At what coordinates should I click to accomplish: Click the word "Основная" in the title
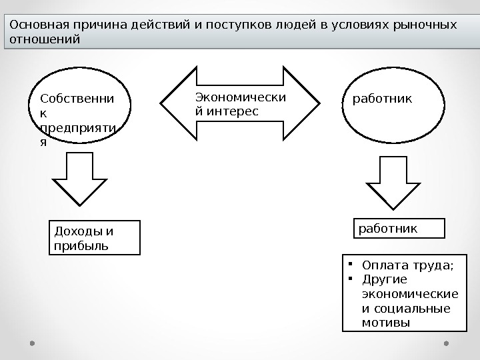click(x=33, y=25)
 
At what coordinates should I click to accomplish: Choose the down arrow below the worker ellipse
click(x=395, y=180)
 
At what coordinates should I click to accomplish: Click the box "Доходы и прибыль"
click(x=95, y=238)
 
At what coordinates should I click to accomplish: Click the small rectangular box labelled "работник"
click(x=397, y=228)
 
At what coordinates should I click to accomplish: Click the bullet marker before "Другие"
click(x=349, y=279)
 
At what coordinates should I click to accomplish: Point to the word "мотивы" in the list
click(x=385, y=323)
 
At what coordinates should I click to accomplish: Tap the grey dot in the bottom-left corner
click(x=32, y=343)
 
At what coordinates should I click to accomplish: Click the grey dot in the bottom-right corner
click(x=446, y=343)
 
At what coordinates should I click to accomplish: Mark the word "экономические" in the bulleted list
click(x=409, y=294)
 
